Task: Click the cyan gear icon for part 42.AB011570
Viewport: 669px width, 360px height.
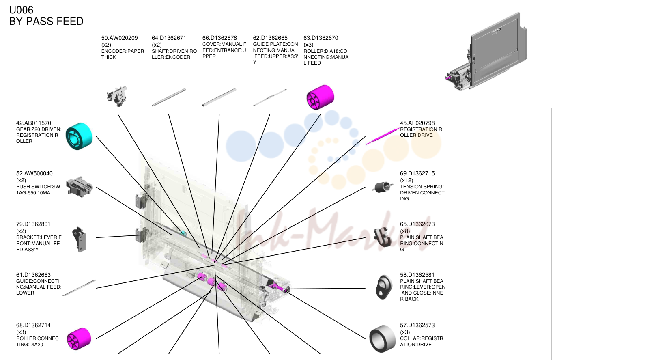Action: click(79, 136)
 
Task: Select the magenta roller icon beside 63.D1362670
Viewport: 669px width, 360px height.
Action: click(320, 97)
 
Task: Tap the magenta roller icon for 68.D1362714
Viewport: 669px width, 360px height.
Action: click(79, 338)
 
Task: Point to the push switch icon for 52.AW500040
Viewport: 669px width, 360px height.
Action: click(79, 187)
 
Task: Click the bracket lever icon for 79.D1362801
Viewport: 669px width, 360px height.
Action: click(79, 239)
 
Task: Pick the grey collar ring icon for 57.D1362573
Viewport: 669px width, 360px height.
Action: click(382, 339)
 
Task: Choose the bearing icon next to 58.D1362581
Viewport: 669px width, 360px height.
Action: click(384, 287)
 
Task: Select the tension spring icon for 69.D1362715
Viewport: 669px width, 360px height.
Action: click(382, 187)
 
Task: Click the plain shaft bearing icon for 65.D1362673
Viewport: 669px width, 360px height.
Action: click(383, 237)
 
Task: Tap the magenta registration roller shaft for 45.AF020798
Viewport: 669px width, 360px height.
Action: click(383, 136)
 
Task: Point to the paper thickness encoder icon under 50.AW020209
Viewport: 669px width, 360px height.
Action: click(117, 96)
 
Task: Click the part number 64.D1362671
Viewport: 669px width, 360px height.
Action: click(169, 38)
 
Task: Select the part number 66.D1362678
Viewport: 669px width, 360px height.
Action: click(219, 38)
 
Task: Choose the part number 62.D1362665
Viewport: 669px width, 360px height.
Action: click(270, 38)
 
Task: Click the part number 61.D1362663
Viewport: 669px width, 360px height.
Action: click(33, 275)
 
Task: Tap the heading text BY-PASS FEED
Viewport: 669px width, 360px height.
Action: click(46, 21)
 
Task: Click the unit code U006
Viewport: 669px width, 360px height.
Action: click(21, 10)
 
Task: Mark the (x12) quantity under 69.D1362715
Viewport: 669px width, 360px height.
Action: click(407, 181)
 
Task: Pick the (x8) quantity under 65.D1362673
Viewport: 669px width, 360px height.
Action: click(405, 231)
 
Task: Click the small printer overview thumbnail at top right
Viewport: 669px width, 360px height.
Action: click(486, 52)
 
